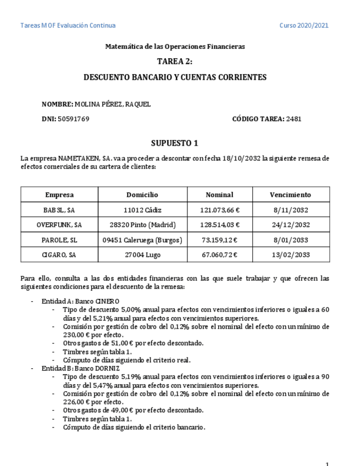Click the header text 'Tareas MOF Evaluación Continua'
point(68,26)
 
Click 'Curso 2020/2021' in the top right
point(304,26)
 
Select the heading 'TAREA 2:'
point(175,62)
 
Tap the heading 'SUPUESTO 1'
point(175,144)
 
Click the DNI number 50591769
point(73,119)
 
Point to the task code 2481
point(293,119)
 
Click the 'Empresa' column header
point(59,195)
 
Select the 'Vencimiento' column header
point(290,195)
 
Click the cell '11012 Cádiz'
point(142,210)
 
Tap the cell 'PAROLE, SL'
point(59,240)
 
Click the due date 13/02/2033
point(290,255)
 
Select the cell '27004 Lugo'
point(142,255)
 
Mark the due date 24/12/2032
point(290,225)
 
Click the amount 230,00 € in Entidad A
point(75,335)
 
